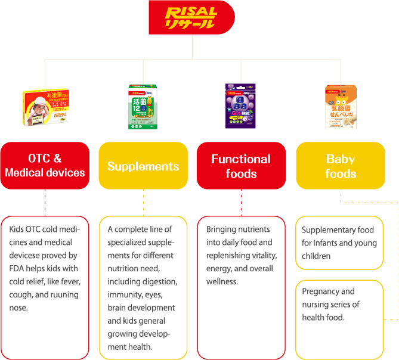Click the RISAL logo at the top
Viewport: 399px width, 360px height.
click(191, 18)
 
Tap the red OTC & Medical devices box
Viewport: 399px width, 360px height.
click(45, 166)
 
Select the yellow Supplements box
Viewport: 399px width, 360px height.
click(143, 166)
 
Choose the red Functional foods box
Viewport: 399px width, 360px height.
click(241, 166)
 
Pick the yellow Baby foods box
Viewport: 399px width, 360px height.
click(341, 166)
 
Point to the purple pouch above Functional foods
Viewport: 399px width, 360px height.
click(240, 105)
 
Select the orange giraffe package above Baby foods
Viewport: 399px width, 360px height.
click(340, 106)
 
